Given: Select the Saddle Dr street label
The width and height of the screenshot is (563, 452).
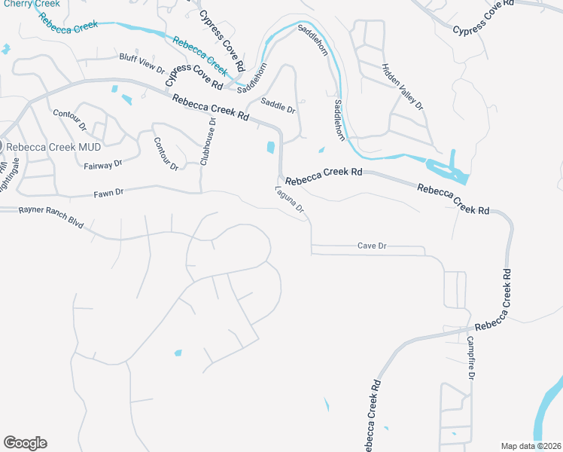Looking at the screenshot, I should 278,105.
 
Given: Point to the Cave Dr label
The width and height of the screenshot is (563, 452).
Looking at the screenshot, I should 371,246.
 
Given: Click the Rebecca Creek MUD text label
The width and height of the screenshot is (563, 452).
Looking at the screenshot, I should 53,146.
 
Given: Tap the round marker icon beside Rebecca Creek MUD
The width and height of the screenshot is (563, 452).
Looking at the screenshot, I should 2,146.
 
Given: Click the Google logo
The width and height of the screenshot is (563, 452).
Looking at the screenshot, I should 25,443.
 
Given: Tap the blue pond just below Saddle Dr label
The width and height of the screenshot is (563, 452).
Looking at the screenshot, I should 270,148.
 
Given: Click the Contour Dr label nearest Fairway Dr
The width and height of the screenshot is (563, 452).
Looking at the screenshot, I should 166,153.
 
